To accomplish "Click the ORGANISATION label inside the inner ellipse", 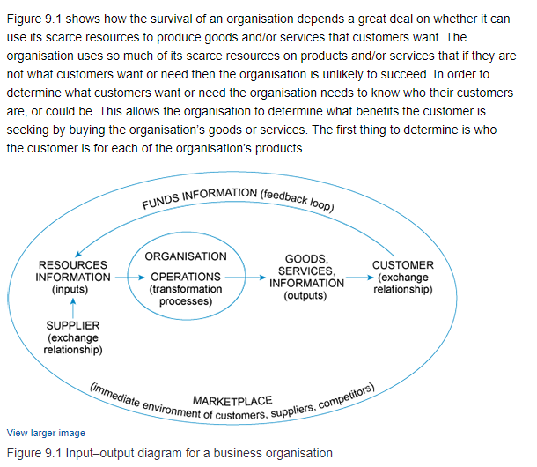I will tap(185, 256).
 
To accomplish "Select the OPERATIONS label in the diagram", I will tap(185, 277).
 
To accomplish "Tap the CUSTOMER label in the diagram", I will tap(402, 264).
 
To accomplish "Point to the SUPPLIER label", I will tap(72, 326).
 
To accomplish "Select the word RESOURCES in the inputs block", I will tap(73, 264).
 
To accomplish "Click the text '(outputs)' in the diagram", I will tap(305, 296).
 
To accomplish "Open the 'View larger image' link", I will tap(45, 433).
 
